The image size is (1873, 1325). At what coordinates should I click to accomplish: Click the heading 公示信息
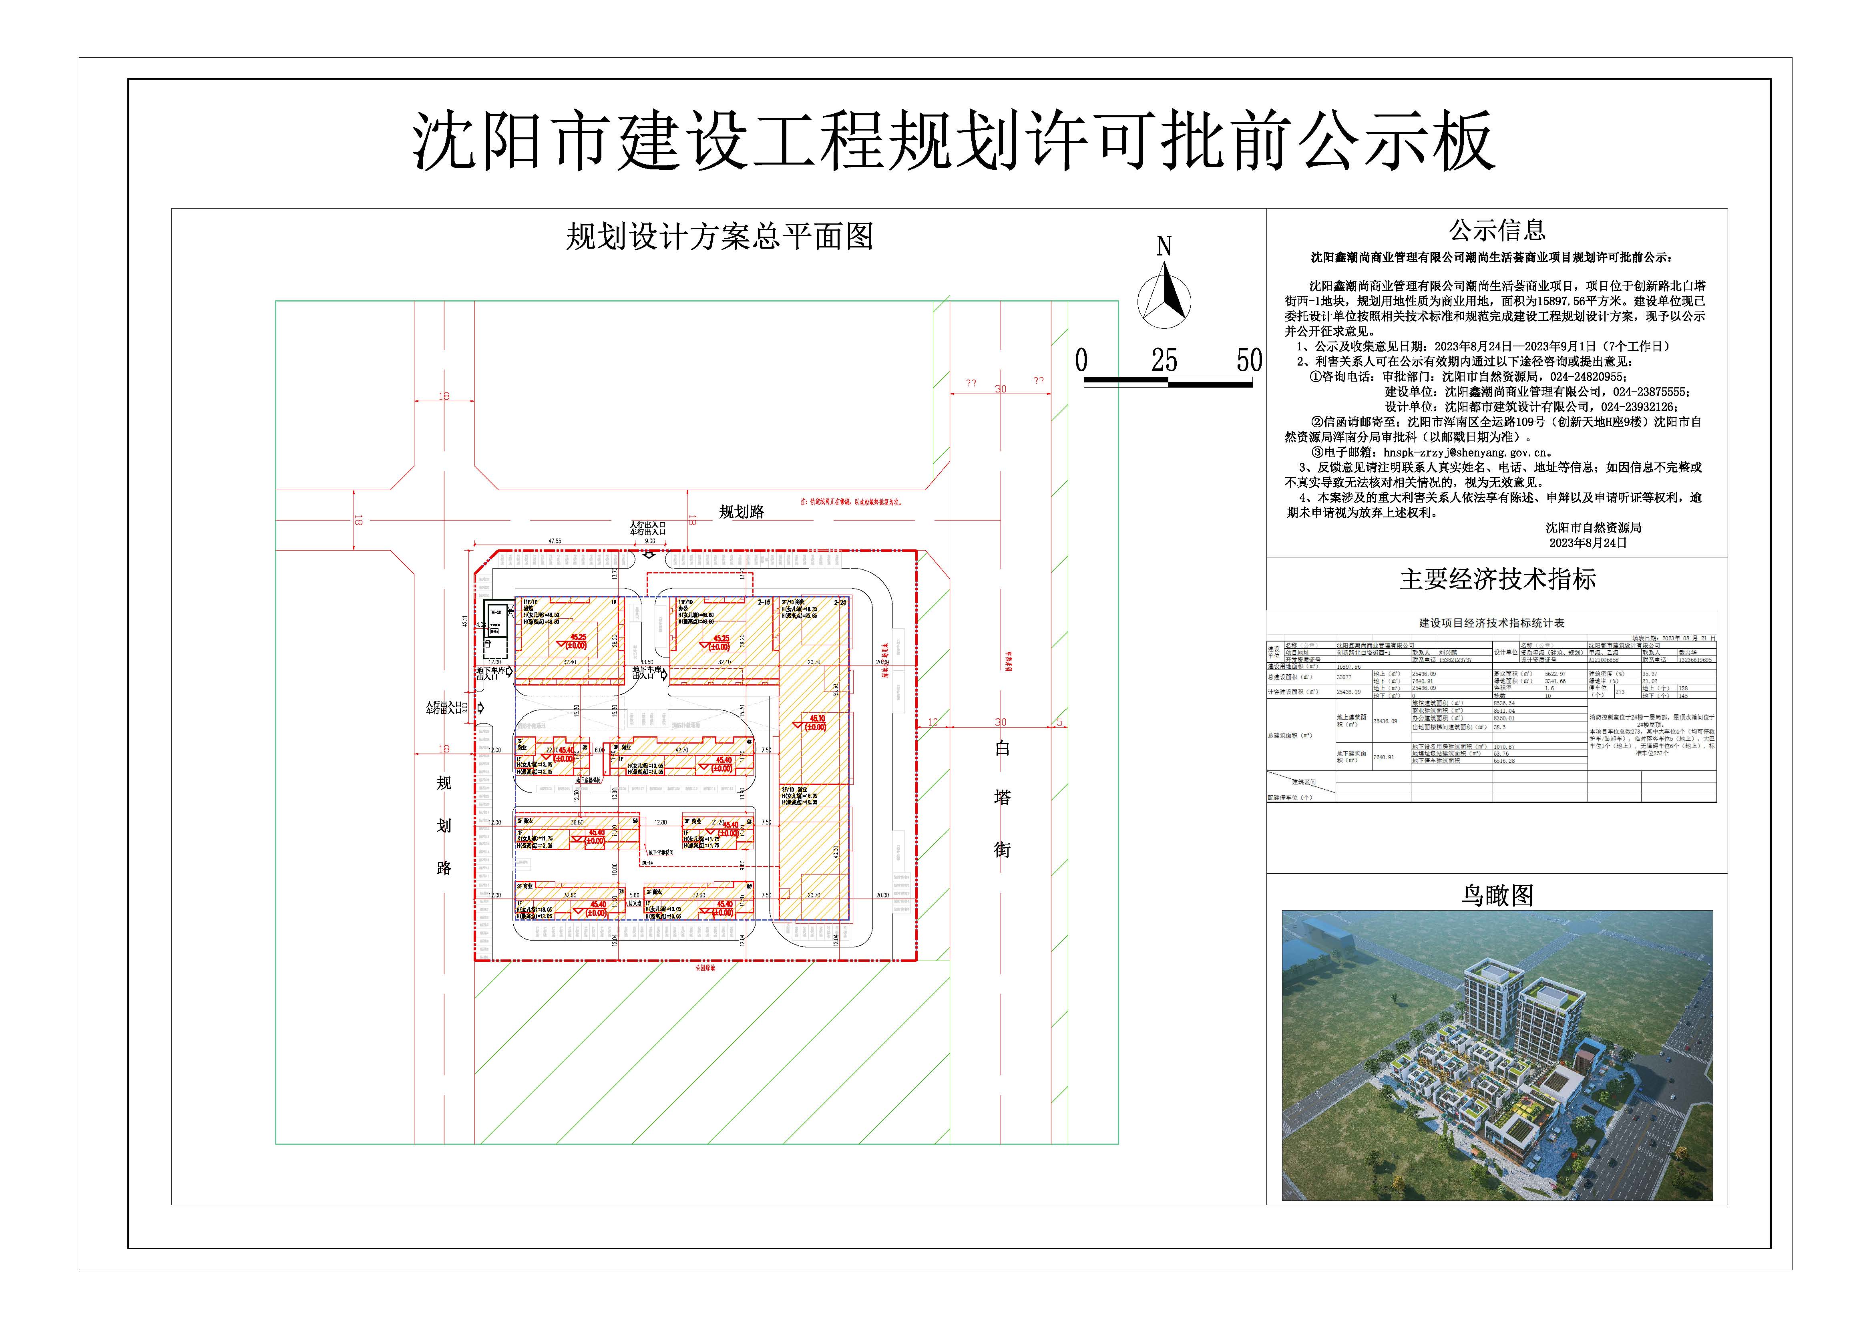click(1497, 231)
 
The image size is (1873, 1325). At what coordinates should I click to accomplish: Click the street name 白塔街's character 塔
click(1002, 798)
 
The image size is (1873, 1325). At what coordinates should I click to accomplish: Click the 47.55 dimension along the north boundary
click(555, 541)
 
